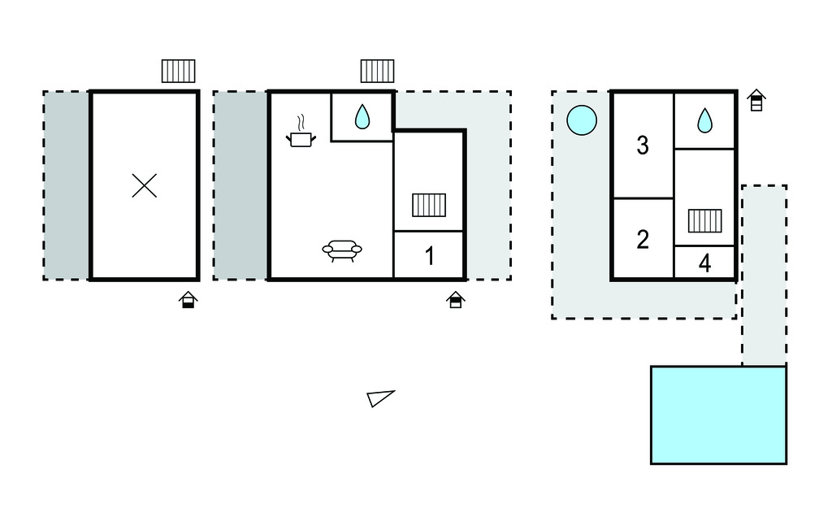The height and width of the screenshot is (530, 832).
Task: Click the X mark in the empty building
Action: coord(145,186)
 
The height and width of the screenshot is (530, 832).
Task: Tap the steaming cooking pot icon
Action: coord(301,136)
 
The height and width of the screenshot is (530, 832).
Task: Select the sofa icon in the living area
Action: coord(342,250)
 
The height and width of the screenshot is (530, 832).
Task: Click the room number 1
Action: coord(430,257)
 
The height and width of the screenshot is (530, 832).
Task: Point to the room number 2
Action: coord(643,240)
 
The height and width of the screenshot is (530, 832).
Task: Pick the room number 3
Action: coord(643,146)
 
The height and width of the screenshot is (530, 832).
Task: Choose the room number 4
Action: coord(704,263)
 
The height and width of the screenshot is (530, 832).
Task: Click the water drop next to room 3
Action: coord(704,121)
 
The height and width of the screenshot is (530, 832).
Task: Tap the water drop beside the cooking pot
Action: coord(362,118)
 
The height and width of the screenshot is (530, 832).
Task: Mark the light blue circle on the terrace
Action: coord(582,121)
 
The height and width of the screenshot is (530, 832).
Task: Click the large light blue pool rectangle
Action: coord(718,415)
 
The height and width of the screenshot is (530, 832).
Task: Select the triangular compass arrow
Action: coord(379,397)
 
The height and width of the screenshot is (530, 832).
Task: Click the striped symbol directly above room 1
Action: coord(429,205)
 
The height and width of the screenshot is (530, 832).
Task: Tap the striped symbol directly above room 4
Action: coord(704,221)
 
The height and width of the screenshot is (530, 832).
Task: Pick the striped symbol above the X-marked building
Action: coord(178,71)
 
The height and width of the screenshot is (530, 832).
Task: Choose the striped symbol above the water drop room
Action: coord(377,71)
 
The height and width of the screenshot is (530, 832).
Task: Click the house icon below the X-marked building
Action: coord(188,300)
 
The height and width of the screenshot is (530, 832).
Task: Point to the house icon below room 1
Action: coord(456,300)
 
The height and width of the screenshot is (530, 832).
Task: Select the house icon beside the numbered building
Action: coord(756,101)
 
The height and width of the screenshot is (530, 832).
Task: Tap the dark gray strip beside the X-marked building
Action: coord(67,185)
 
